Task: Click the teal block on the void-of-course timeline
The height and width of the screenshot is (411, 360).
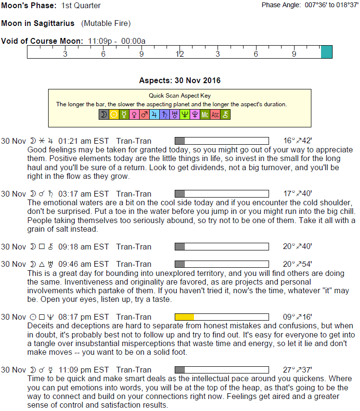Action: (x=326, y=52)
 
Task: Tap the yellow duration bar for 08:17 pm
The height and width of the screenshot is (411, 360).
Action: (x=184, y=317)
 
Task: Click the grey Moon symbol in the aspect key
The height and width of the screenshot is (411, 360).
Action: (x=103, y=114)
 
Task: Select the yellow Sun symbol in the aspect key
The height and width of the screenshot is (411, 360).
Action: (x=114, y=114)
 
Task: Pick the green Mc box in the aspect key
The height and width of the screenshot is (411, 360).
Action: (x=205, y=114)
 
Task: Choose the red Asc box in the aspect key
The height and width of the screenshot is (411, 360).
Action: (x=215, y=114)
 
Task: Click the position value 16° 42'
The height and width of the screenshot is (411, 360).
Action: (x=297, y=141)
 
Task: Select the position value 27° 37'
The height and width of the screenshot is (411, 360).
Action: (x=297, y=370)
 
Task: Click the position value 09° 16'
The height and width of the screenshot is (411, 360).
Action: (x=297, y=317)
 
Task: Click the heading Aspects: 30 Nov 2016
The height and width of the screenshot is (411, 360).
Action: (x=180, y=80)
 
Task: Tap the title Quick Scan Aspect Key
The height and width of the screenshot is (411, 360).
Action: (x=180, y=96)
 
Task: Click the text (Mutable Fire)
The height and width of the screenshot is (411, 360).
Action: (x=106, y=23)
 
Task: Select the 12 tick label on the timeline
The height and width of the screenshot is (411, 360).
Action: (x=180, y=54)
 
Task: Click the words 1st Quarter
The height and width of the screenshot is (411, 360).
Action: (x=81, y=6)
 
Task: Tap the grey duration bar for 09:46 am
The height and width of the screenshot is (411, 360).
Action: (x=180, y=264)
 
